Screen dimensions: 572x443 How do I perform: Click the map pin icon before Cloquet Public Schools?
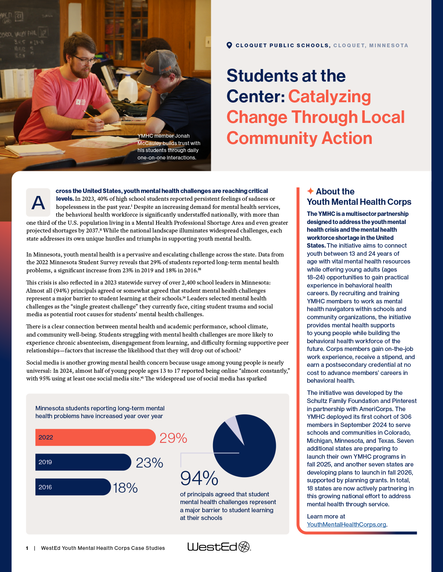coord(229,45)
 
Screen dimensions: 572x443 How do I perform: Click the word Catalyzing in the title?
coord(329,97)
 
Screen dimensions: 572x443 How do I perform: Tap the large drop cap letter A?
coord(38,203)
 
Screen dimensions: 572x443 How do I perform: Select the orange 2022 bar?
coord(95,437)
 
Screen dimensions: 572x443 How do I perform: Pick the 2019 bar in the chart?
coord(83,462)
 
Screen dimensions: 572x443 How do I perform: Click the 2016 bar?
coord(73,487)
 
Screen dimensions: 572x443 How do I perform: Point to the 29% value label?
coord(173,438)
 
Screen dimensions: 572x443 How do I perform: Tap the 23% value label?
coord(150,463)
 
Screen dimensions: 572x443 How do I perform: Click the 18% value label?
coord(126,488)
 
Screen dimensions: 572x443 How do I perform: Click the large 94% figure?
coord(199,478)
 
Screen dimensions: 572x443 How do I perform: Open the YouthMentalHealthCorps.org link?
coord(346,524)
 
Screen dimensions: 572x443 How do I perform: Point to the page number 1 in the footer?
coord(27,548)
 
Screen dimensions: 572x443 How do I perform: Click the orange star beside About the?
coord(310,191)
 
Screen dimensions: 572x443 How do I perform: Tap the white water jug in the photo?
coord(128,88)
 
